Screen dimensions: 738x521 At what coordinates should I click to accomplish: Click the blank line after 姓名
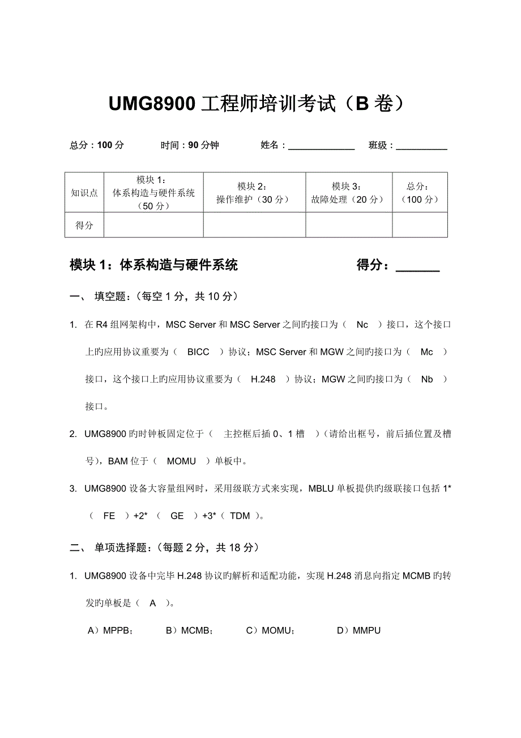coord(321,146)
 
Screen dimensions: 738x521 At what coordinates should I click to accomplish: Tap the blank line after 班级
coord(422,146)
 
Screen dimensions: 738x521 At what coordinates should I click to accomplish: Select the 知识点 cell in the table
coord(84,193)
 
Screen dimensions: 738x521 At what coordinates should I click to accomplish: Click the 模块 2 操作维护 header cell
coord(254,193)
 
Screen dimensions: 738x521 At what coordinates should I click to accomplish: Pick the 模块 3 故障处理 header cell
coord(348,193)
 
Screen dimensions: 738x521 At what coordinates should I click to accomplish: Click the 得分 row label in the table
coord(84,225)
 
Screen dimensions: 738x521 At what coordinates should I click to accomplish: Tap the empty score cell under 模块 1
coord(153,225)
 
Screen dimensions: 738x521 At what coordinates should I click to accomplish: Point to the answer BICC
coord(198,352)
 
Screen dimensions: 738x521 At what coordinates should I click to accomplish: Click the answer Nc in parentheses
coord(362,325)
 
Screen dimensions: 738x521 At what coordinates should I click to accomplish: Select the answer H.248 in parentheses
coord(263,379)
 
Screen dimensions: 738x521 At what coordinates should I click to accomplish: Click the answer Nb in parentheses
coord(426,379)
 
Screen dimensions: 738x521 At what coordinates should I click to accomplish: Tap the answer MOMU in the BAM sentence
coord(181,461)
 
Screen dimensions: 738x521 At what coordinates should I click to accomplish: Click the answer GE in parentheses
coord(177,515)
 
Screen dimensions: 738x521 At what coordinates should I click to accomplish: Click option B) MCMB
coord(189,630)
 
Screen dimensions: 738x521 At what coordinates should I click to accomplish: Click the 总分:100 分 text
coord(97,145)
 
